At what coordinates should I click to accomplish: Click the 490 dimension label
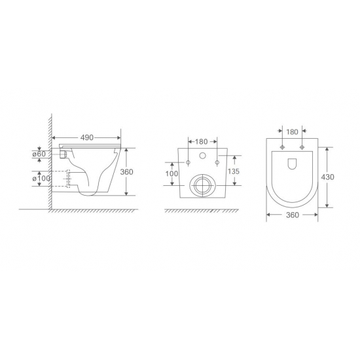[x=87, y=137]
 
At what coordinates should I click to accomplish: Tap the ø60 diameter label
[x=39, y=154]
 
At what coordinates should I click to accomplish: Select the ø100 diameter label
[x=41, y=179]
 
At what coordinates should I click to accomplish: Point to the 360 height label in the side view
[x=126, y=171]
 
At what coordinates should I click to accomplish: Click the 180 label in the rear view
[x=202, y=141]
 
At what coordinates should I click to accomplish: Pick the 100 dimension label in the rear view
[x=171, y=173]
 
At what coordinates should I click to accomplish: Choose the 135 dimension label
[x=234, y=171]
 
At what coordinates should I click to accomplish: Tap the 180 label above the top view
[x=293, y=132]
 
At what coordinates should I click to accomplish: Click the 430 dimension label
[x=328, y=177]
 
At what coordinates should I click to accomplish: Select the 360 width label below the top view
[x=293, y=215]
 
